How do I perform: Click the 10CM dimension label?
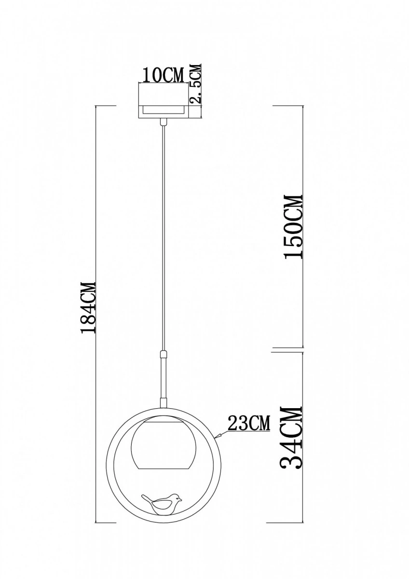coord(164,75)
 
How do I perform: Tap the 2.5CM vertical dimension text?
coord(196,84)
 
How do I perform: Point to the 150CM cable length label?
coord(293,226)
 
